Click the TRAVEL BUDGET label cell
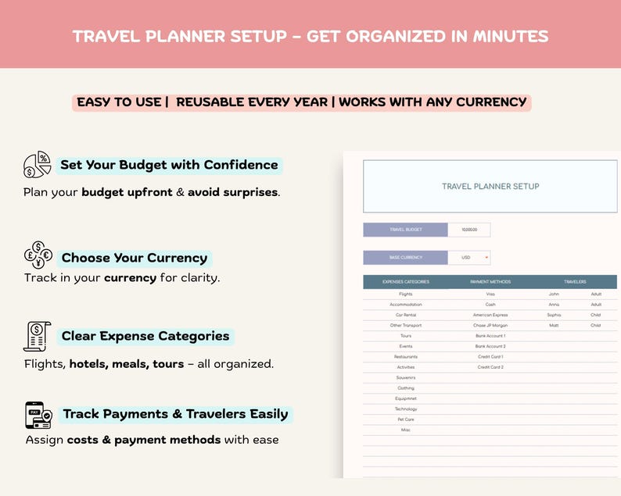coord(405,230)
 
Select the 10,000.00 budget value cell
coord(468,230)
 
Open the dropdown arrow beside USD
coord(486,257)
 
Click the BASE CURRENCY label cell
coord(405,257)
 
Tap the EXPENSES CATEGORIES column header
coord(405,281)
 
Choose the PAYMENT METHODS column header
coord(490,281)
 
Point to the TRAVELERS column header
coord(575,281)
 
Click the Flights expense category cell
coord(405,294)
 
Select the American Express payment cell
coord(490,315)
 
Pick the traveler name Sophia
coord(554,315)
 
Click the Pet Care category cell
coord(405,419)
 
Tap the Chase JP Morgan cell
coord(490,326)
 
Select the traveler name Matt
coord(554,326)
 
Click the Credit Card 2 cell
coord(490,367)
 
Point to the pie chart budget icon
coord(38,165)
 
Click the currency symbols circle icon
coord(38,255)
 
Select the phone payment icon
coord(38,415)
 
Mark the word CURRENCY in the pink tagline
coord(488,102)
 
